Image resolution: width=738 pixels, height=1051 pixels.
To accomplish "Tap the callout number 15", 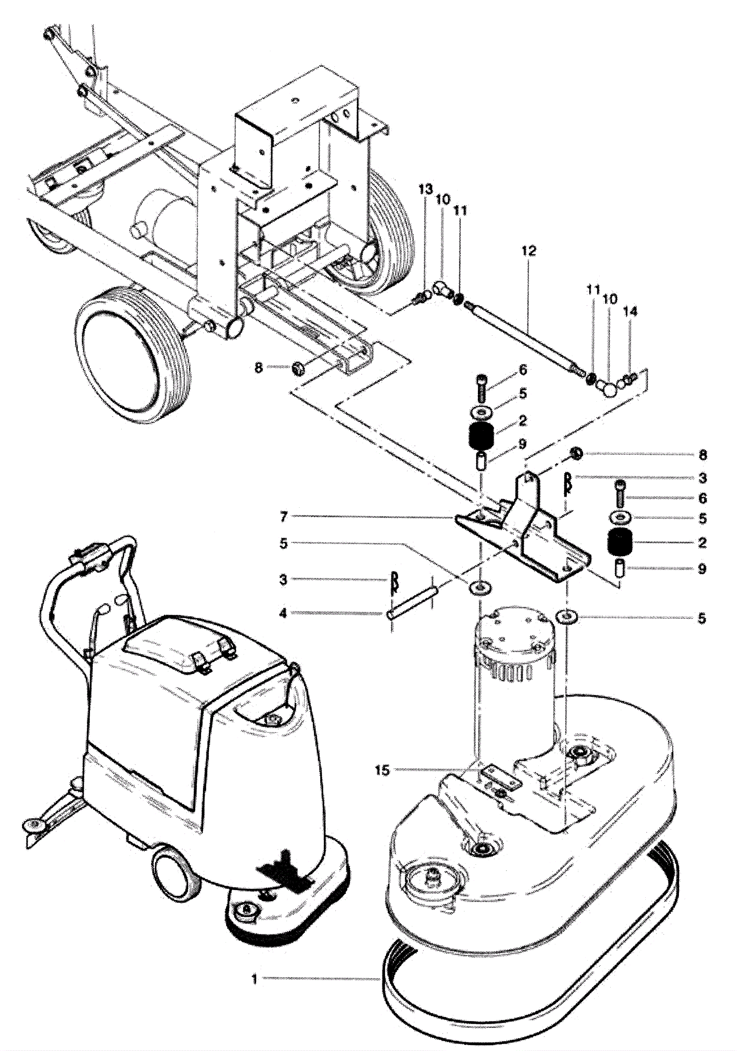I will [x=382, y=770].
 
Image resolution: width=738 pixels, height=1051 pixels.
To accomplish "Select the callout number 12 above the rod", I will [x=529, y=251].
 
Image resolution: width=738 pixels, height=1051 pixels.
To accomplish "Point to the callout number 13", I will [x=426, y=189].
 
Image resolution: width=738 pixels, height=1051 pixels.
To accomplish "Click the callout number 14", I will [x=630, y=312].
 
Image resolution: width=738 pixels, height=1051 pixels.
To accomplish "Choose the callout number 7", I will [x=284, y=517].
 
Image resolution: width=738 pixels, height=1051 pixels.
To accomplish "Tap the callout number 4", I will [x=283, y=613].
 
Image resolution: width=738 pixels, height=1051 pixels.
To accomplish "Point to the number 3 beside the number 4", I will [x=283, y=580].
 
